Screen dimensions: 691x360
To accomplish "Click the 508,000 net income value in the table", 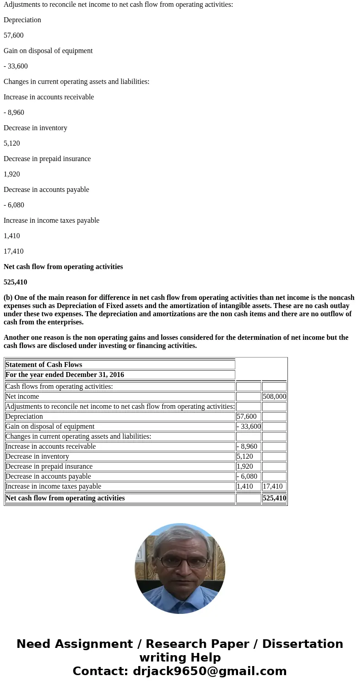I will (274, 397).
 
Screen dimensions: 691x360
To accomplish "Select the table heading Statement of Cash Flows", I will (44, 365).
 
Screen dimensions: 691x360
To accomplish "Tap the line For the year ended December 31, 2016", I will (65, 375).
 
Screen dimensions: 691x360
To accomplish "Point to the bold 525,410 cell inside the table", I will (274, 498).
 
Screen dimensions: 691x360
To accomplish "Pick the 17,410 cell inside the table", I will (272, 486).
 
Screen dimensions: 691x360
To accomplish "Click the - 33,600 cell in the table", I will (248, 426).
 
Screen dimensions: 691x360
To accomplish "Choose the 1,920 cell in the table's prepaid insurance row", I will (245, 466).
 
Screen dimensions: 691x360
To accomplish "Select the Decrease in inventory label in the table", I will (37, 456).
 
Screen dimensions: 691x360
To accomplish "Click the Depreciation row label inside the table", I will (24, 417).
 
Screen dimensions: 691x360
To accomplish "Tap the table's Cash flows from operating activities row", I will (59, 387).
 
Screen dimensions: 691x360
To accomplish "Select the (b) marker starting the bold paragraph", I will (8, 298).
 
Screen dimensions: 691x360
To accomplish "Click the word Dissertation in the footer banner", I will (302, 644).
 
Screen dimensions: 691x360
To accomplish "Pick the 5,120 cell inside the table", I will (245, 456).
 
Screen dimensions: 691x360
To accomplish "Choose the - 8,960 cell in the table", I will (247, 446).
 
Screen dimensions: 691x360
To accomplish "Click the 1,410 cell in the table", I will (245, 486).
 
